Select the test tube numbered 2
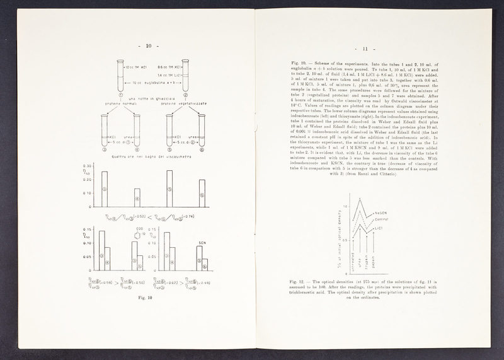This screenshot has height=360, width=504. [x=186, y=74]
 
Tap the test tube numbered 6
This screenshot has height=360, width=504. [x=202, y=132]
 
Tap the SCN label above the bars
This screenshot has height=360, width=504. [x=202, y=241]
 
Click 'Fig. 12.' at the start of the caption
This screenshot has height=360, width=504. [x=294, y=280]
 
